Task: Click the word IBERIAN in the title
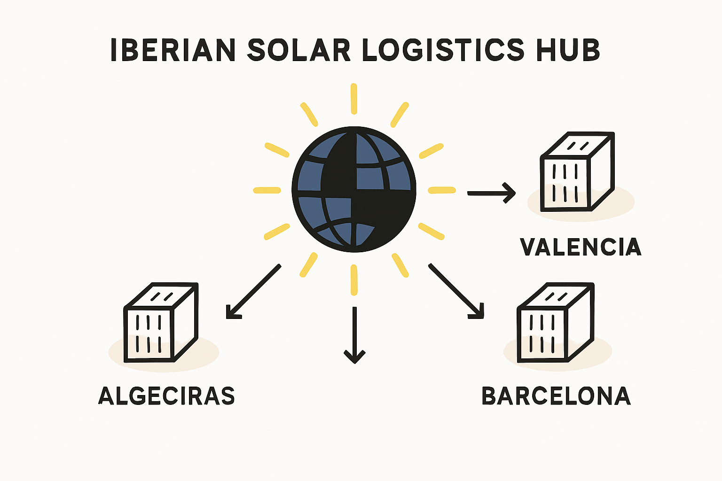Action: point(173,50)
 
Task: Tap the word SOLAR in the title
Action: point(298,50)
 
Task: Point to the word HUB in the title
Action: point(568,50)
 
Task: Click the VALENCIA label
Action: point(581,247)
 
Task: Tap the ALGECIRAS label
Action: point(166,396)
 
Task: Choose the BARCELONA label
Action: point(556,396)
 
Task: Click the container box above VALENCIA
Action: point(577,172)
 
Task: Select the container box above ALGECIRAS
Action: point(161,323)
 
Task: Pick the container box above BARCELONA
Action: point(555,323)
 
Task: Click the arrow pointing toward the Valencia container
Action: point(492,193)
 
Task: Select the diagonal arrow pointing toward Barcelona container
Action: point(456,291)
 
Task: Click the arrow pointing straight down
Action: point(354,335)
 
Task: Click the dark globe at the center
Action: point(354,189)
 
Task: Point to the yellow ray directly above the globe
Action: point(354,99)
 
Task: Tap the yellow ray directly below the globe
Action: point(354,280)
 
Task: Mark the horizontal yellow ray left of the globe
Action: point(267,190)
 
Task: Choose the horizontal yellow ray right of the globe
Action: point(442,190)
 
